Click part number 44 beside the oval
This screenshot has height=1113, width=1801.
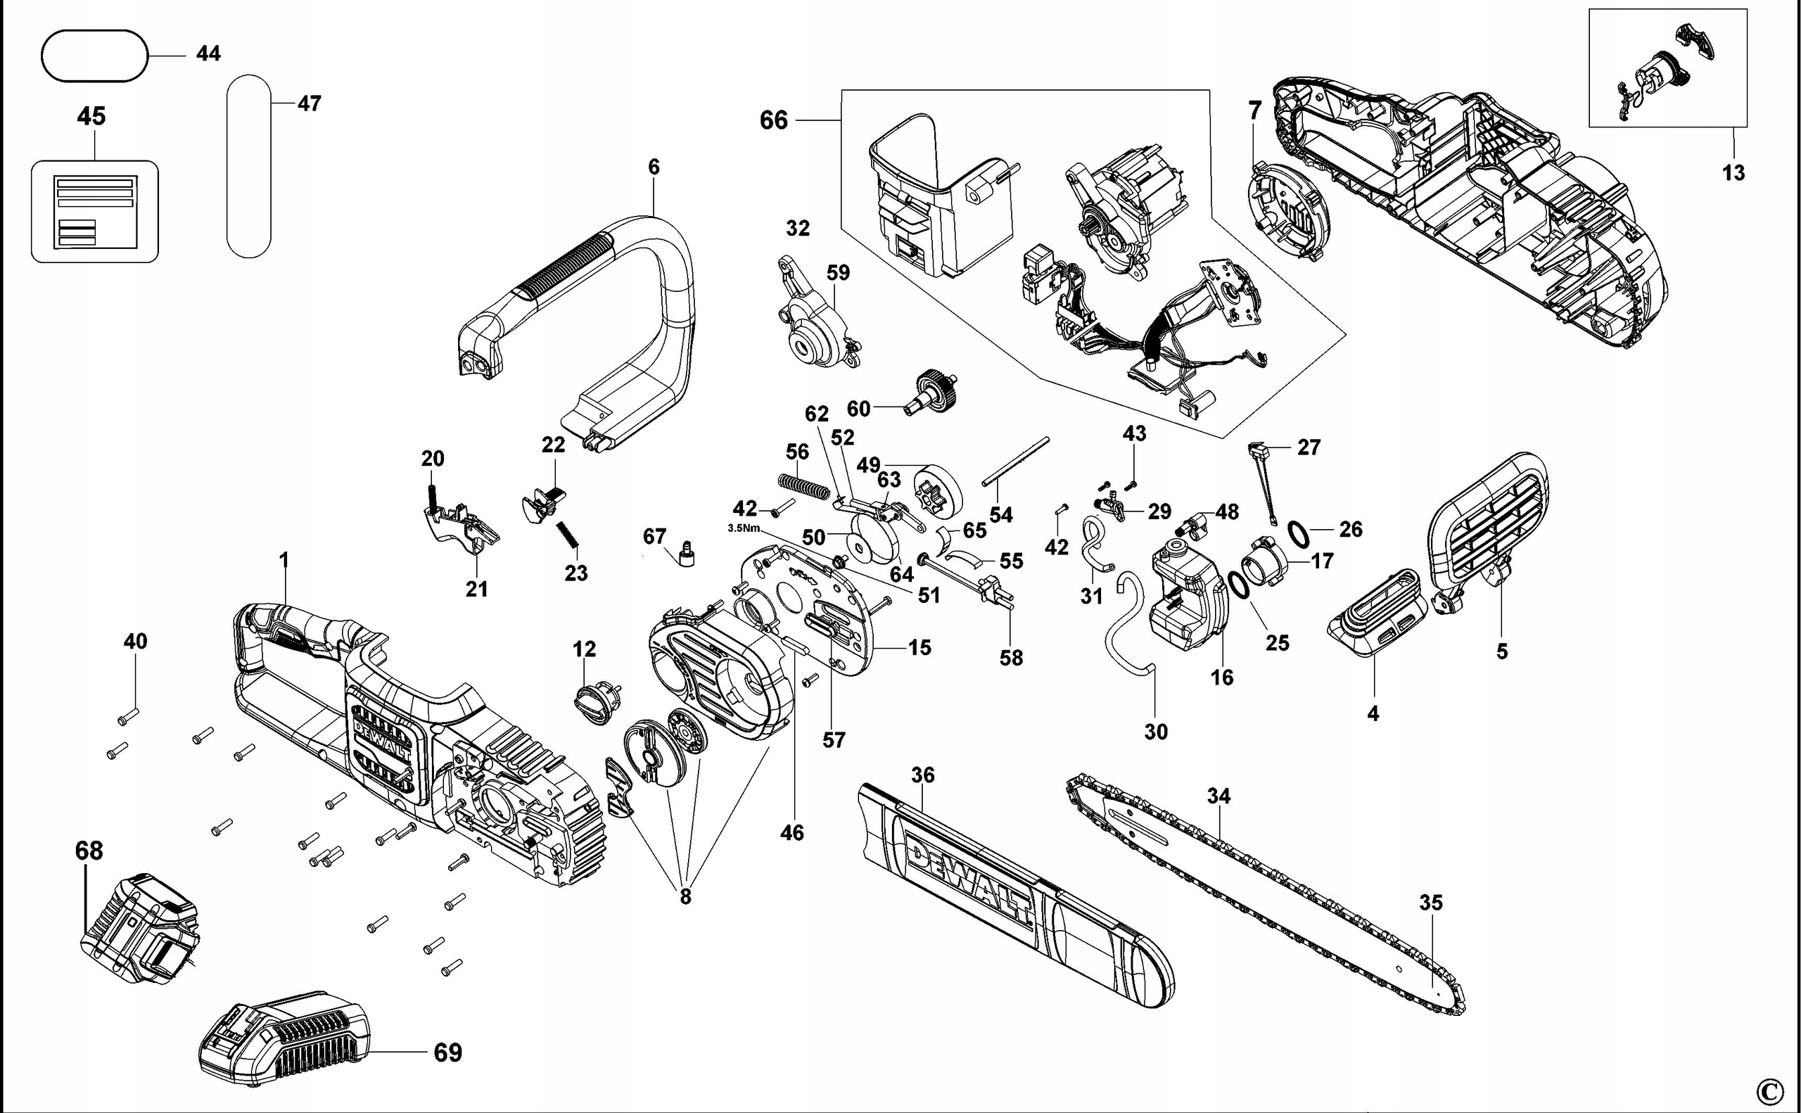click(x=208, y=53)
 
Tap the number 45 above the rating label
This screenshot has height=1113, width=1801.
click(x=91, y=116)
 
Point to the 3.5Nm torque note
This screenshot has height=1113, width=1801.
click(x=743, y=528)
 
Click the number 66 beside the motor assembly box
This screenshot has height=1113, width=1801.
click(x=774, y=120)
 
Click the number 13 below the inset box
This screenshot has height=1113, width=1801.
click(x=1733, y=173)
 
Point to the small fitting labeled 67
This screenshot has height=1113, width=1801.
click(x=687, y=555)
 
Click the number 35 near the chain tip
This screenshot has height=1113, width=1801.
click(x=1431, y=903)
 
